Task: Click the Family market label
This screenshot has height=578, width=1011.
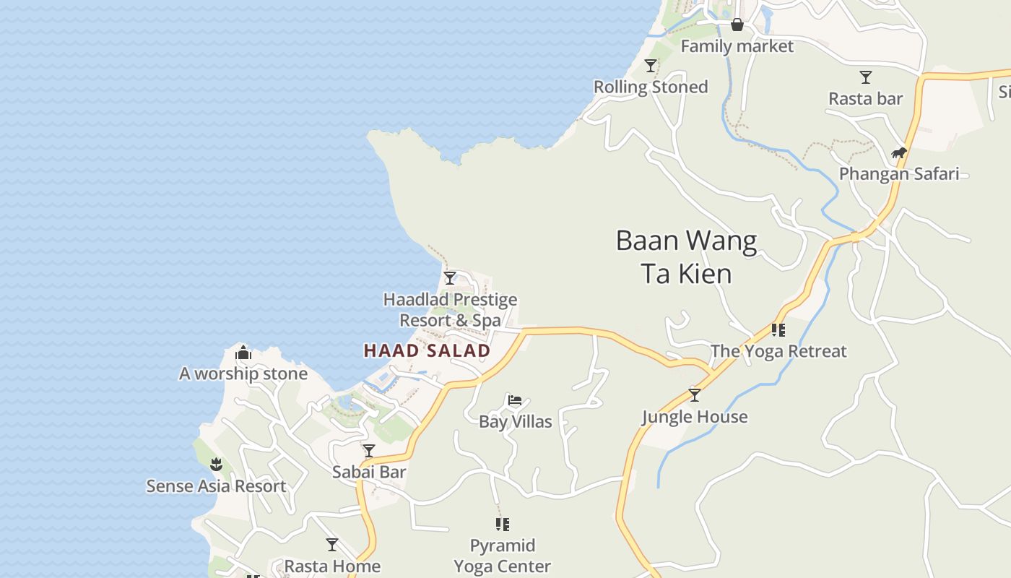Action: tap(737, 46)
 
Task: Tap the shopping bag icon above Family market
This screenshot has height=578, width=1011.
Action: tap(737, 25)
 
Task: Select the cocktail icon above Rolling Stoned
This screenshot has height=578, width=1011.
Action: tap(651, 66)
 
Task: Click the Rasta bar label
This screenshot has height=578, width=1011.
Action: tap(865, 98)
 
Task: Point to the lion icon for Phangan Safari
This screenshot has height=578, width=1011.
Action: tap(898, 152)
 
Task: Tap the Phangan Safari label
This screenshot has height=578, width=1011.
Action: tap(898, 173)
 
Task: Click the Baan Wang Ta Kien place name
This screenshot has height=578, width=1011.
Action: tap(686, 256)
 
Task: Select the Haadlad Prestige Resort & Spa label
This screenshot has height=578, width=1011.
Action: tap(450, 309)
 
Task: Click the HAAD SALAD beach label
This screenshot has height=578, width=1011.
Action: tap(427, 351)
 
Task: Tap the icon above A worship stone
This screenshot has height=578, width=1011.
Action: tap(243, 353)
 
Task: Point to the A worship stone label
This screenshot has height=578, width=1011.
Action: tap(243, 374)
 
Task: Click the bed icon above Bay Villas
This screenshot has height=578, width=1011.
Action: tap(515, 400)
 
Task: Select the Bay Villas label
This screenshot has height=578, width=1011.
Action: tap(515, 421)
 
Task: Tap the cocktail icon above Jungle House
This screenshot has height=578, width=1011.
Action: tap(695, 395)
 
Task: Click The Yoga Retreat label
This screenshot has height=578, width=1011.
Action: tap(778, 351)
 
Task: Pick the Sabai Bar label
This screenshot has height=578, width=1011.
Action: tap(368, 472)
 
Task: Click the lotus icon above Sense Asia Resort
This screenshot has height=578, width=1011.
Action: tap(216, 464)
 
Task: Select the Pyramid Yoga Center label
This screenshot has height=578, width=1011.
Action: tap(502, 556)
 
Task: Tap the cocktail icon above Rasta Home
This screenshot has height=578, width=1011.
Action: tap(332, 544)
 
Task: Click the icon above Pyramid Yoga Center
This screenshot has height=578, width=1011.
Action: tap(503, 524)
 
